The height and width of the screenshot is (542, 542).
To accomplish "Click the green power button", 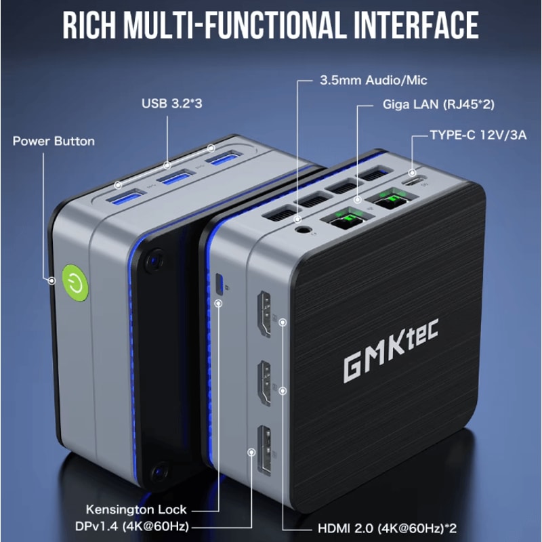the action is (x=75, y=283).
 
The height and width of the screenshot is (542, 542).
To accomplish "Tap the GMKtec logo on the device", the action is (x=391, y=350).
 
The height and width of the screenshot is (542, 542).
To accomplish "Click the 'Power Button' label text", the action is (x=54, y=141).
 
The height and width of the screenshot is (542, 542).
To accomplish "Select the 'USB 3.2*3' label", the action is (x=172, y=104).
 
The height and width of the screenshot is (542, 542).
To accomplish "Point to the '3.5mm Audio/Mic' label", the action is (x=373, y=80).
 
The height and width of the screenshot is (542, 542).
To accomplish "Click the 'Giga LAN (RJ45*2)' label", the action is (x=438, y=104).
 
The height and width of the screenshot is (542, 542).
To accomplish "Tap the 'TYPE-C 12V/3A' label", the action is (x=478, y=135).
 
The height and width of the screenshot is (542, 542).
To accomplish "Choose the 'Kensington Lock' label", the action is (x=136, y=509).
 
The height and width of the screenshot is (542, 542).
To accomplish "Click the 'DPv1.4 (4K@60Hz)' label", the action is (x=132, y=526).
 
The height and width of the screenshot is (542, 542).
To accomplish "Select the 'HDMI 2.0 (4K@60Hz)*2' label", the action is (x=387, y=528).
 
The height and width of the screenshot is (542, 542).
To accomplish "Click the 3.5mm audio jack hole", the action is (x=303, y=230).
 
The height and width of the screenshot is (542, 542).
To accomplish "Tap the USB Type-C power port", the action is (x=414, y=181).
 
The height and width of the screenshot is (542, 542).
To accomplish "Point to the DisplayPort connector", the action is (x=264, y=450).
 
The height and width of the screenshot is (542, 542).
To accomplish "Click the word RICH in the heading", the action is (x=89, y=25).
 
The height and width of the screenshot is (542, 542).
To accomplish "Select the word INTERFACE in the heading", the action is (x=416, y=25).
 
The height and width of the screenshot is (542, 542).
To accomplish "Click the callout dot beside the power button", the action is (x=52, y=280).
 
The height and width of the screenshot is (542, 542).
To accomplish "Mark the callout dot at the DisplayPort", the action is (x=252, y=452).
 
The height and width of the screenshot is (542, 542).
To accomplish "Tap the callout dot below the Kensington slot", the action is (x=218, y=303).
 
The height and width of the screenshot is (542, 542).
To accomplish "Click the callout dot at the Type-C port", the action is (x=412, y=172).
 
